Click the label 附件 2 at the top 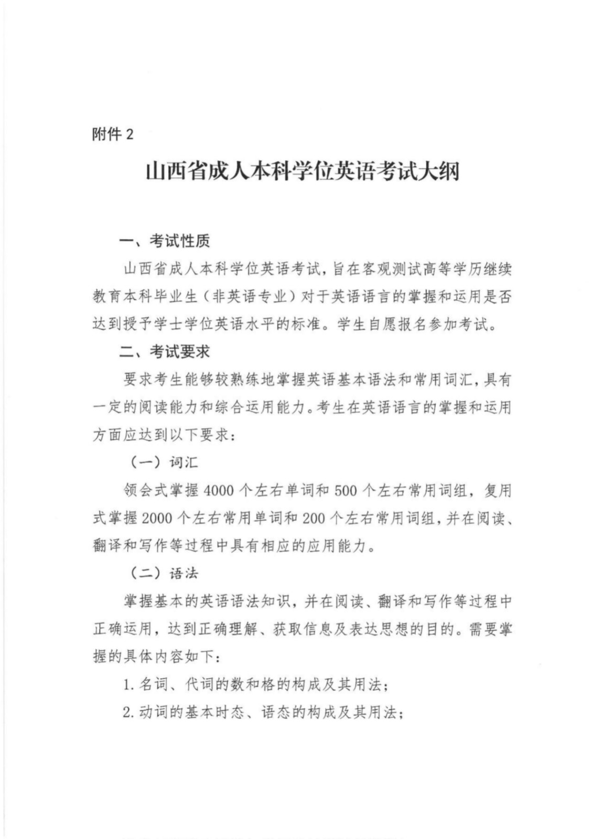tap(113, 134)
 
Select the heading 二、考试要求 tap(164, 352)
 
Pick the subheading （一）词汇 tap(164, 462)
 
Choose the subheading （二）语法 tap(164, 573)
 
